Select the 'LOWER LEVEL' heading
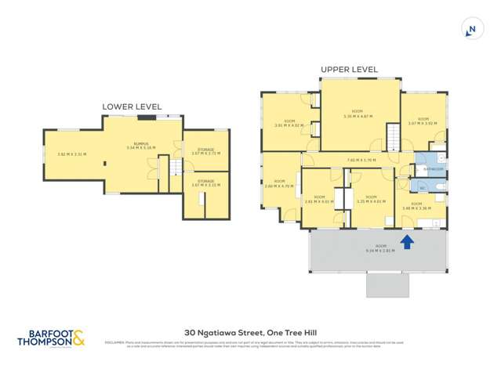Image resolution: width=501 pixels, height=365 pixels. [x=132, y=107]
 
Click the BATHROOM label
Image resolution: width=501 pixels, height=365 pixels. [x=433, y=169]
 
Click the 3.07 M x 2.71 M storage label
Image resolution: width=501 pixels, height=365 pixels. [x=205, y=151]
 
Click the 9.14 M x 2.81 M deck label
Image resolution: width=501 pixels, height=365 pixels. [x=378, y=249]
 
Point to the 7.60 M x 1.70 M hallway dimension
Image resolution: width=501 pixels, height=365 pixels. [x=361, y=161]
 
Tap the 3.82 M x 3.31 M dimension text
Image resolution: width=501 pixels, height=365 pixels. [x=72, y=154]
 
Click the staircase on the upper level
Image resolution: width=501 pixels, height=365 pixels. [x=391, y=141]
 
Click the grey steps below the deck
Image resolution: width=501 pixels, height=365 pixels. [x=387, y=284]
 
